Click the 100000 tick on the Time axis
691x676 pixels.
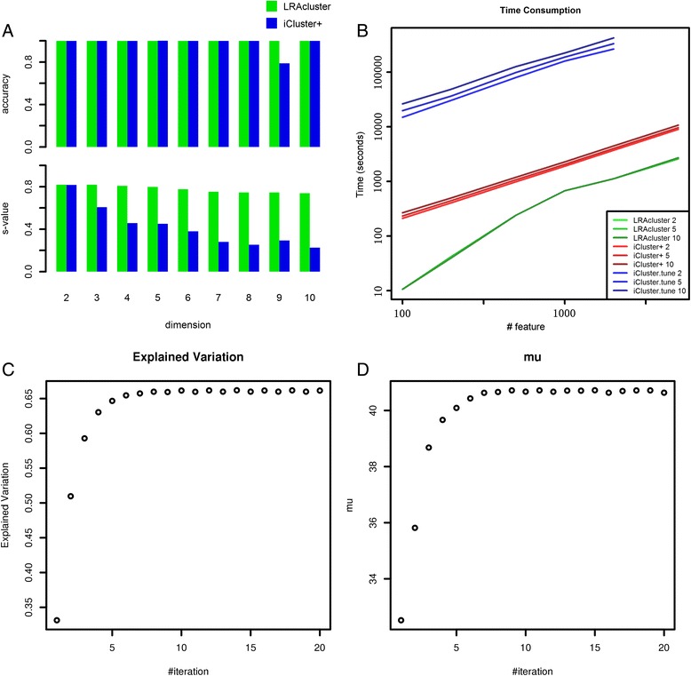383,73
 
